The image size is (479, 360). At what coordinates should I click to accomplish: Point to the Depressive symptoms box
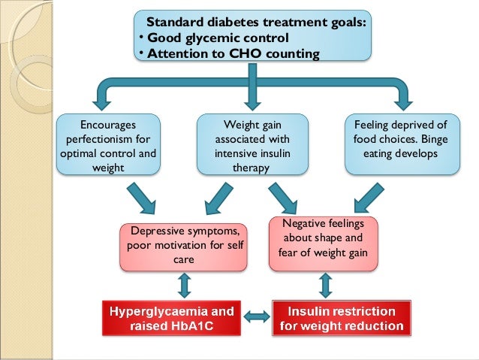[185, 245]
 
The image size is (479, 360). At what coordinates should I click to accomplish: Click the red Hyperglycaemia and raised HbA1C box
[172, 318]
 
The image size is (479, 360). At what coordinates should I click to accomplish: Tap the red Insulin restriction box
[342, 318]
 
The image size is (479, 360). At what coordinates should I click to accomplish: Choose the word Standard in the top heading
[174, 22]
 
